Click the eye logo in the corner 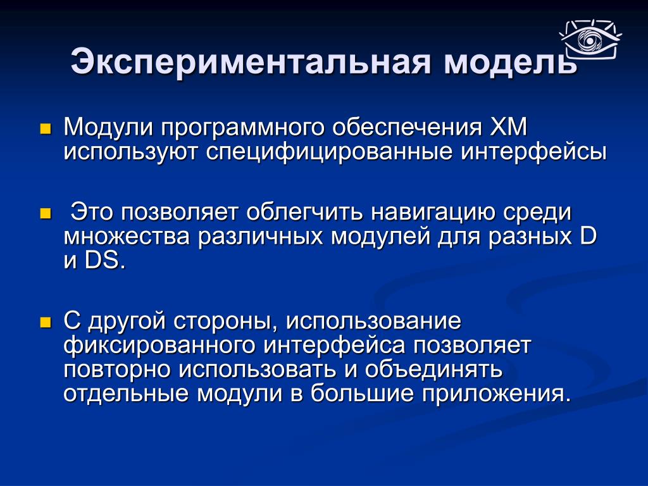590,39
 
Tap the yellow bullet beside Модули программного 45,129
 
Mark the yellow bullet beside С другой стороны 45,322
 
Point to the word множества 127,237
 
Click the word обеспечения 408,128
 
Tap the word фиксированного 159,346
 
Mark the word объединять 433,370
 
